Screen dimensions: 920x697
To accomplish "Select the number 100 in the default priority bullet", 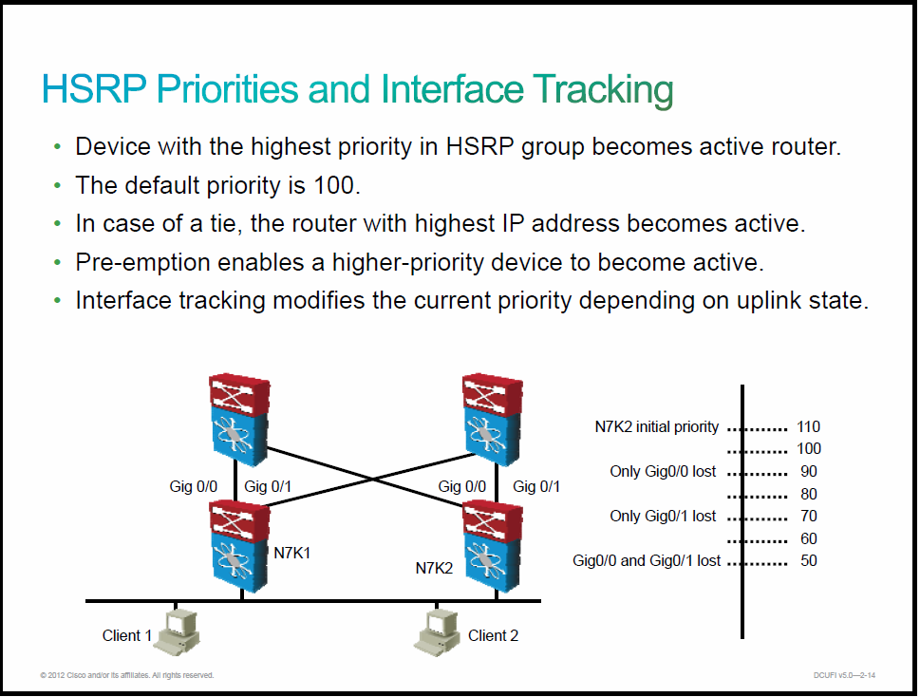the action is [333, 185].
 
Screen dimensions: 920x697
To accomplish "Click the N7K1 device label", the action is [292, 553].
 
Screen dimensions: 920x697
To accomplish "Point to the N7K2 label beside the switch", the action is [434, 568].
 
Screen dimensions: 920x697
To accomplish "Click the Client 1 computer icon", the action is [178, 631].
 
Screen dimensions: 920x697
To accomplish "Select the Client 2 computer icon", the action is [437, 631].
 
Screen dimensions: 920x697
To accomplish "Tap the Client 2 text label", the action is [493, 635].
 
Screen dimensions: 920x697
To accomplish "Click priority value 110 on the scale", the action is [808, 426].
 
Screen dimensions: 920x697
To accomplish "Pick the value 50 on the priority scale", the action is [809, 560].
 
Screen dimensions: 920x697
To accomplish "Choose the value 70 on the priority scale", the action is [809, 516].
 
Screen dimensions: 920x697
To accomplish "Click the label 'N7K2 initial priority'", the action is [657, 426].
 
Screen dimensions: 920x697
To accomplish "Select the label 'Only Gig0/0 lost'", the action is [663, 471].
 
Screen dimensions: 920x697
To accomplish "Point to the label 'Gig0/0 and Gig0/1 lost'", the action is [647, 560].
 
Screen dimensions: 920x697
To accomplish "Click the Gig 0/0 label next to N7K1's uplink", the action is [193, 486].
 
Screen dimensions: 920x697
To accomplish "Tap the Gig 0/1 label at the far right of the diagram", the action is [536, 486].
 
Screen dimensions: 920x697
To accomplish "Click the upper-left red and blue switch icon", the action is [239, 419].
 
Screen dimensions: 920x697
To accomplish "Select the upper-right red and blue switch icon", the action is [492, 419].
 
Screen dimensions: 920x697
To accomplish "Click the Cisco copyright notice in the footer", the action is [126, 675].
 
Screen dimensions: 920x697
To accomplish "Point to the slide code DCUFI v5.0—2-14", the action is [844, 675].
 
